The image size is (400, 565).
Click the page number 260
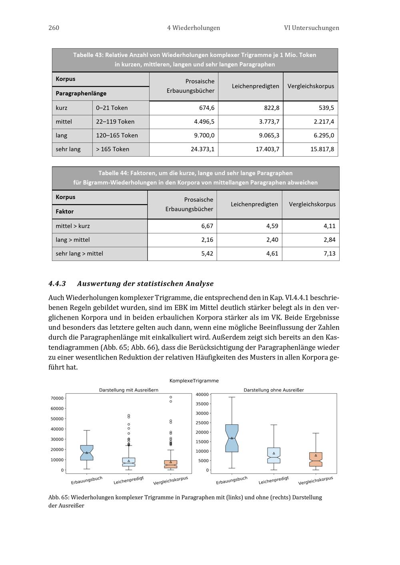click(54, 28)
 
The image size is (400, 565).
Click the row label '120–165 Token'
click(117, 135)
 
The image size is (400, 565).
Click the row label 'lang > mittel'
click(73, 240)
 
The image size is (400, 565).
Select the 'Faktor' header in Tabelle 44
click(65, 211)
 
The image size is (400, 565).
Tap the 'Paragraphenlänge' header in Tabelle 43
click(81, 94)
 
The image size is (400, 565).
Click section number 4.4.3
click(57, 283)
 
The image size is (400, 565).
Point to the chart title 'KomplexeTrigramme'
click(194, 380)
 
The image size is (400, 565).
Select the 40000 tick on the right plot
click(202, 394)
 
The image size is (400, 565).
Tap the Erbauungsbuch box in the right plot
click(232, 438)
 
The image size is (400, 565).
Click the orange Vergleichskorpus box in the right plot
click(316, 460)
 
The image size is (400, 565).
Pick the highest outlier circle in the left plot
click(171, 397)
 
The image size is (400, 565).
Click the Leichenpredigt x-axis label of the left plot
click(128, 480)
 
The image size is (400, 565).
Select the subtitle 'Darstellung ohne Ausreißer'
click(274, 390)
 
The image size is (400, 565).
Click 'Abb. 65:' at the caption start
click(58, 497)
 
